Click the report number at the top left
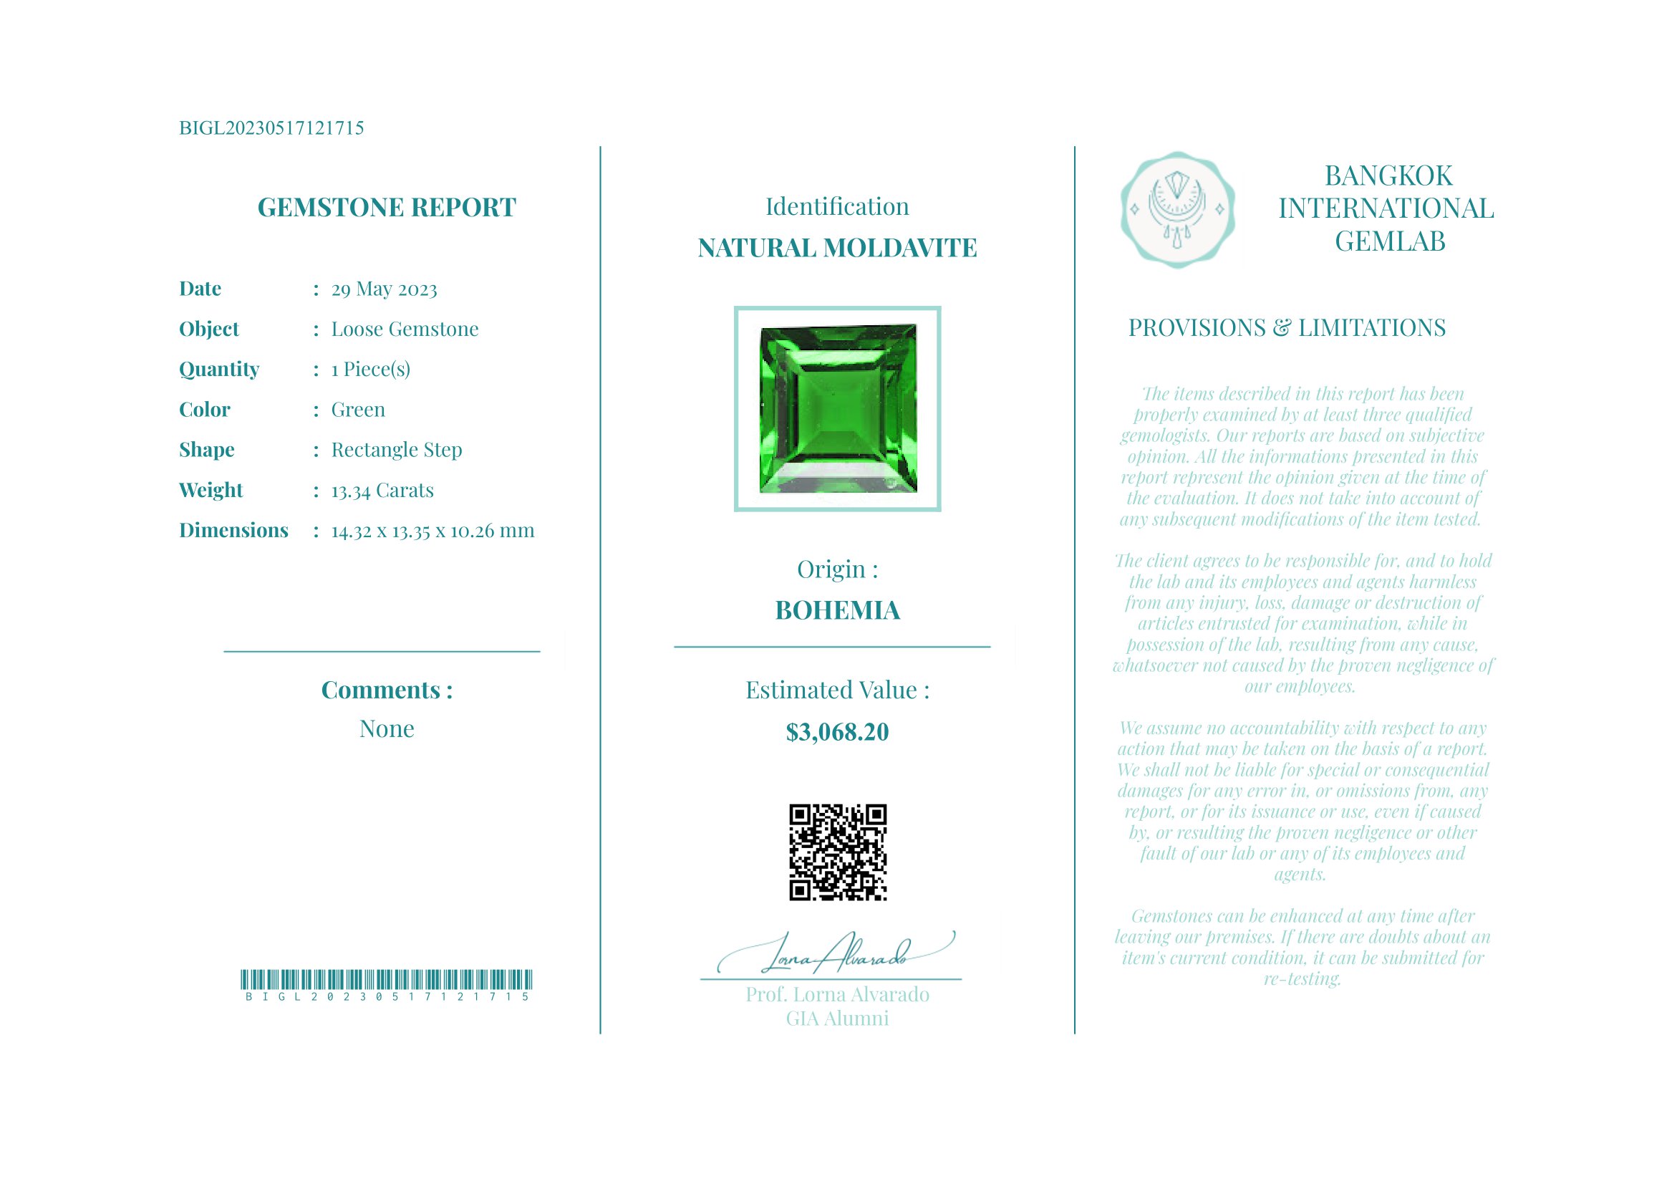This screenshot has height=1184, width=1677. click(271, 127)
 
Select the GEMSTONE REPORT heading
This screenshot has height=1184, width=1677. click(387, 208)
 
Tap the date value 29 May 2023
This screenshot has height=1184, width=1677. click(385, 289)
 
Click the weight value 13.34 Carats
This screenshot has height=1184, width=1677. click(382, 490)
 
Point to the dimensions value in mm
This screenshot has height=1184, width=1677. click(432, 530)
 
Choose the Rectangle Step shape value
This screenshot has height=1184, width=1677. click(397, 450)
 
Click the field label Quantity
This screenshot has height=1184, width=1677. click(219, 370)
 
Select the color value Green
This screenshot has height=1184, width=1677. click(358, 410)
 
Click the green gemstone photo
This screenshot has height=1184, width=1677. click(837, 409)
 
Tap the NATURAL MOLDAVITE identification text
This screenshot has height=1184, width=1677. click(837, 249)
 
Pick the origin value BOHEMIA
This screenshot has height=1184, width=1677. click(837, 611)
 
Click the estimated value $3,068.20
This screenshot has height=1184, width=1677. click(837, 732)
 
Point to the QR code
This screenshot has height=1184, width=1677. click(838, 852)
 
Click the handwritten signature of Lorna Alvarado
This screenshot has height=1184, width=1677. click(836, 954)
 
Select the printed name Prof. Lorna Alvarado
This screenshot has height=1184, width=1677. click(837, 995)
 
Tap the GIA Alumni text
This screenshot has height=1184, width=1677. click(837, 1019)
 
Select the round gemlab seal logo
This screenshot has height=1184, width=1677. click(1177, 210)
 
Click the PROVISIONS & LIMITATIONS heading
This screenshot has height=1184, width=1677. click(1286, 328)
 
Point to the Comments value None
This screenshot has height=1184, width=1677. click(387, 729)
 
